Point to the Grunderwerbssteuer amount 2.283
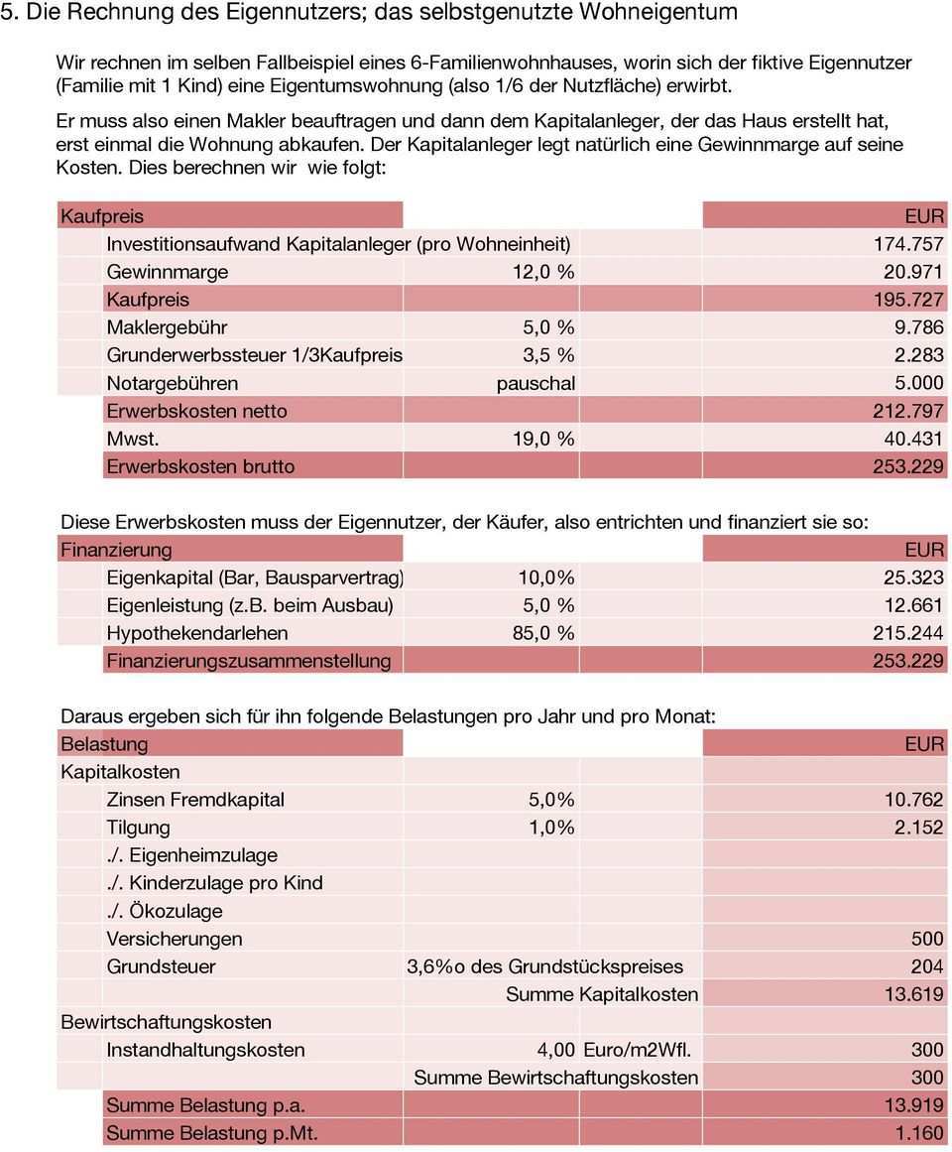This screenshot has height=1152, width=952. [918, 355]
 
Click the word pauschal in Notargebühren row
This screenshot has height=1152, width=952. [535, 383]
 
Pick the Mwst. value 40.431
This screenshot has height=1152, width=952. [913, 439]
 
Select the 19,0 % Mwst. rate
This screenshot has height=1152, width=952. [542, 439]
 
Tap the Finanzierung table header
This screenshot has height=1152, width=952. [116, 550]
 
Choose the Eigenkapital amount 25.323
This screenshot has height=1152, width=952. [913, 577]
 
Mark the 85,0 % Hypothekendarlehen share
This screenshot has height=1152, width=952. [542, 633]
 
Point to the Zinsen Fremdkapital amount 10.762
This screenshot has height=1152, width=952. [913, 800]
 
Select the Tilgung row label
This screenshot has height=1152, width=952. [138, 828]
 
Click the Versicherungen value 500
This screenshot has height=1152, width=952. [927, 939]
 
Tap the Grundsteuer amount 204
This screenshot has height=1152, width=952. [927, 966]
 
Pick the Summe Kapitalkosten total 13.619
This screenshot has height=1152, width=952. [913, 994]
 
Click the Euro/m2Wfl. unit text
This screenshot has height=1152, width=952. [638, 1050]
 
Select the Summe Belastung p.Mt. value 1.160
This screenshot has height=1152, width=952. [919, 1133]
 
